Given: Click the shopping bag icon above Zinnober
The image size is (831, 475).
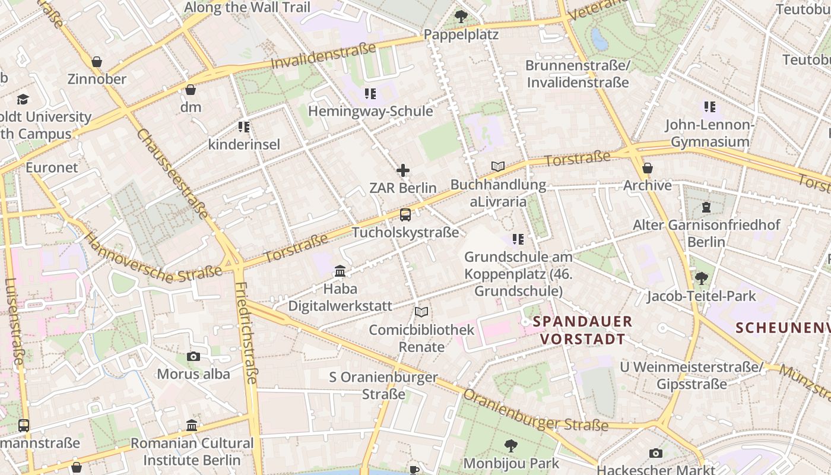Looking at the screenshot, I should coord(97,62).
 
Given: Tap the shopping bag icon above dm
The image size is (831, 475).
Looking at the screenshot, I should coord(191,90).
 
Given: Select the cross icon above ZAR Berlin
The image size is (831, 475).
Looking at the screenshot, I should coord(403,171).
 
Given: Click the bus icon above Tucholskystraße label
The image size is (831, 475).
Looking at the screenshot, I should coord(405,215).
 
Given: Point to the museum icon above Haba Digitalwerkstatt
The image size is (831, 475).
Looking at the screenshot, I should coord(340,271).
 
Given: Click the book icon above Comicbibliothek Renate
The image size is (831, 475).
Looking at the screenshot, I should coord(421,312).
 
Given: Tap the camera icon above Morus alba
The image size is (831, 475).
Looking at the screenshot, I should coord(194,356).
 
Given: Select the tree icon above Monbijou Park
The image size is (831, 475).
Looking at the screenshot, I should coord(510,445).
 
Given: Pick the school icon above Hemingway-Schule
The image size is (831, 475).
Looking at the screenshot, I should coord(370,94).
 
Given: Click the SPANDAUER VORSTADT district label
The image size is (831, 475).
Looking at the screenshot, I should coord(582,330).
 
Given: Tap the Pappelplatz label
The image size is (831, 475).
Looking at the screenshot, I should coord(461,34).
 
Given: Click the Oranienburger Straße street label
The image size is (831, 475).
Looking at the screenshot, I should coord(535,410).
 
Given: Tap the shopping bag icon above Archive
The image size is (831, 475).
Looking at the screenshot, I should coord(648,168).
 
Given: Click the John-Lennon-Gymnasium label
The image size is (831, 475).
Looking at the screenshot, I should coord(710,133).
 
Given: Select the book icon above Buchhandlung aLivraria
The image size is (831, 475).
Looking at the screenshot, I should coord(498,167).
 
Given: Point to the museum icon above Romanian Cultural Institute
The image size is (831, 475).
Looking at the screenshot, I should coord(192,426).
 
